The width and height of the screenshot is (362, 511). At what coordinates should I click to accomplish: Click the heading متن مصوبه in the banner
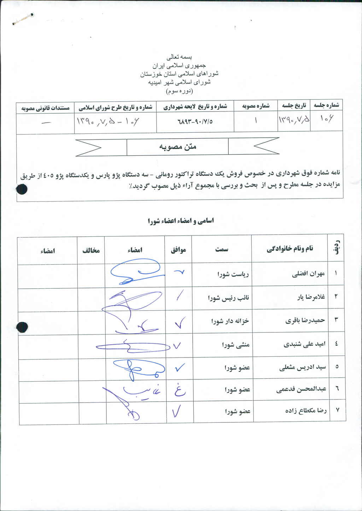coord(177,147)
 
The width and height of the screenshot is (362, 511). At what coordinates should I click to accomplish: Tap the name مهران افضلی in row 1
coord(308,274)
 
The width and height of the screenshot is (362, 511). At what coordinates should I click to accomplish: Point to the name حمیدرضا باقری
coord(305,320)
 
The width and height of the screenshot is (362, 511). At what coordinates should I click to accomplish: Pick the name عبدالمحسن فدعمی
coord(301,389)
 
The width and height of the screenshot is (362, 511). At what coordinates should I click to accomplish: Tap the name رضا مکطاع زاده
coord(306,411)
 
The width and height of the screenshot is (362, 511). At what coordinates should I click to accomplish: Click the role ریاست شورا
coord(233,274)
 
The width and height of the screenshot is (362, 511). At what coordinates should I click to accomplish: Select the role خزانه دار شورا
coord(230,321)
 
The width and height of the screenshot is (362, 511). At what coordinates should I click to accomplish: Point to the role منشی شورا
coord(236,344)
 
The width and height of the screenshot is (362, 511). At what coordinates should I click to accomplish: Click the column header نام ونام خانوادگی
coord(290,249)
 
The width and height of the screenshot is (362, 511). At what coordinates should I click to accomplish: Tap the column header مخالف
coord(91,251)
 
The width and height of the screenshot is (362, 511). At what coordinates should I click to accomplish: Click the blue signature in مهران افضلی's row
coord(136,273)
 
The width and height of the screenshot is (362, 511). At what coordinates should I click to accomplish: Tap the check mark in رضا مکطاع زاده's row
coord(176,411)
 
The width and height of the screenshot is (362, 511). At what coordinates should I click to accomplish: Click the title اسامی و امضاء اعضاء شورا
coord(181,221)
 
